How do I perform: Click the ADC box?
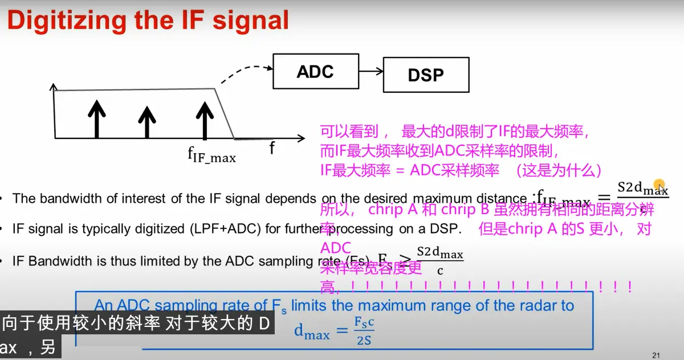point(316,72)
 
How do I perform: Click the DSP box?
point(426,75)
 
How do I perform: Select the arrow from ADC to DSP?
point(371,72)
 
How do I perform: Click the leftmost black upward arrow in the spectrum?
point(97,118)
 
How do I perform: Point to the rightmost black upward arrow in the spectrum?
point(203,118)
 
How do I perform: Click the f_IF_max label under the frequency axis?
point(211,156)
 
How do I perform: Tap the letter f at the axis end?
point(272,149)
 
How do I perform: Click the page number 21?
point(655,355)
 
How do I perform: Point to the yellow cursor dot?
point(659,185)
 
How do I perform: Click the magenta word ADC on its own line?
point(336,248)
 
